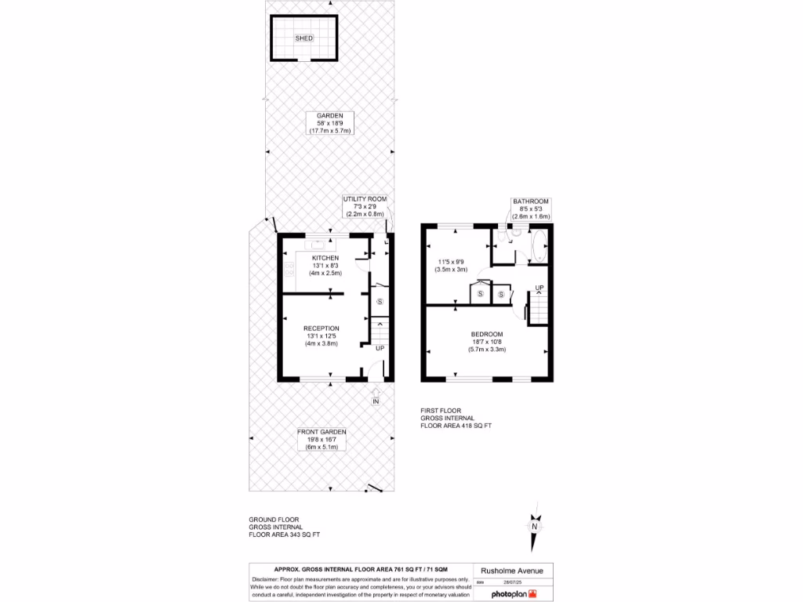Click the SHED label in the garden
303,38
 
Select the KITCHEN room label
325,258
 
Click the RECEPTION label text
322,328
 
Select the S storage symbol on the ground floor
380,301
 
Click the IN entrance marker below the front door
376,402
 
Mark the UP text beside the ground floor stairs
380,348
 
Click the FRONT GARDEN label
322,432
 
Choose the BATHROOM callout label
531,201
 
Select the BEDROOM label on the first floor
487,334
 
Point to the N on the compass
535,527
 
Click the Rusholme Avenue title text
506,570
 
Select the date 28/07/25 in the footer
511,582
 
